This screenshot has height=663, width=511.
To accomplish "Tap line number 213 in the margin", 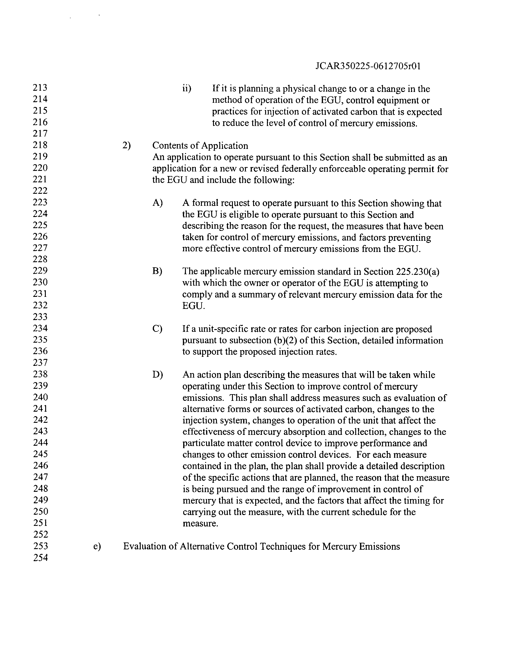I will click(x=40, y=88).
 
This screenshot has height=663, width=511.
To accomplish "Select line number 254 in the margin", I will click(x=40, y=558).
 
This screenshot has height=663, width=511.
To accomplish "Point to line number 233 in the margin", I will click(x=40, y=317).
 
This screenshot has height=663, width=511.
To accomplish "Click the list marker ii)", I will click(x=187, y=89).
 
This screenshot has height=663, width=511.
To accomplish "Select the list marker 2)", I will click(x=127, y=146).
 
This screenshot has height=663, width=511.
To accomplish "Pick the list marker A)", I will click(x=158, y=203).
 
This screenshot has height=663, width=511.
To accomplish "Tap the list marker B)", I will click(x=157, y=271).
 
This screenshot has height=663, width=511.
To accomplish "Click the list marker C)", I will click(x=157, y=329).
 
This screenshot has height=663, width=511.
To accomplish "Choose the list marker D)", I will click(x=158, y=375).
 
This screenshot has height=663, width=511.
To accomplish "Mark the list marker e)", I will click(x=97, y=546).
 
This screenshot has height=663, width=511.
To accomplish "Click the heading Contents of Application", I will click(x=200, y=146).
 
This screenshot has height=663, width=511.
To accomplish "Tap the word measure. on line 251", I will click(x=200, y=524).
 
